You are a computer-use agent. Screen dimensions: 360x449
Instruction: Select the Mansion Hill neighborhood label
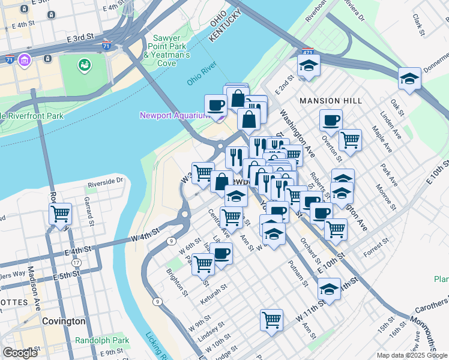[330, 101]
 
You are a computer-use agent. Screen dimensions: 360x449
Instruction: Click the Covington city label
[64, 321]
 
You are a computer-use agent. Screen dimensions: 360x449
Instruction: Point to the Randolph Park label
[101, 340]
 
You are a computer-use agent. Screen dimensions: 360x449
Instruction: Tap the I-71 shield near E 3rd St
[106, 46]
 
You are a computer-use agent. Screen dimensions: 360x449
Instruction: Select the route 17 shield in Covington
[76, 263]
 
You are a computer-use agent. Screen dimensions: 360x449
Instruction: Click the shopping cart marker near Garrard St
[61, 213]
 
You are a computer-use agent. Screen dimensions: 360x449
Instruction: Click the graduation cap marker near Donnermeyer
[409, 79]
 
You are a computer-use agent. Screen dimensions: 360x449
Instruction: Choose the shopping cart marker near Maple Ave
[350, 140]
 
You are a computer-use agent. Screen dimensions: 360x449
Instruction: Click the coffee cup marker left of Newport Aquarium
[215, 106]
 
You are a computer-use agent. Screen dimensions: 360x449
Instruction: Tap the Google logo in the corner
[20, 353]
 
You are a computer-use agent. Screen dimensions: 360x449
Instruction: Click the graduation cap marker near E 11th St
[329, 289]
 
